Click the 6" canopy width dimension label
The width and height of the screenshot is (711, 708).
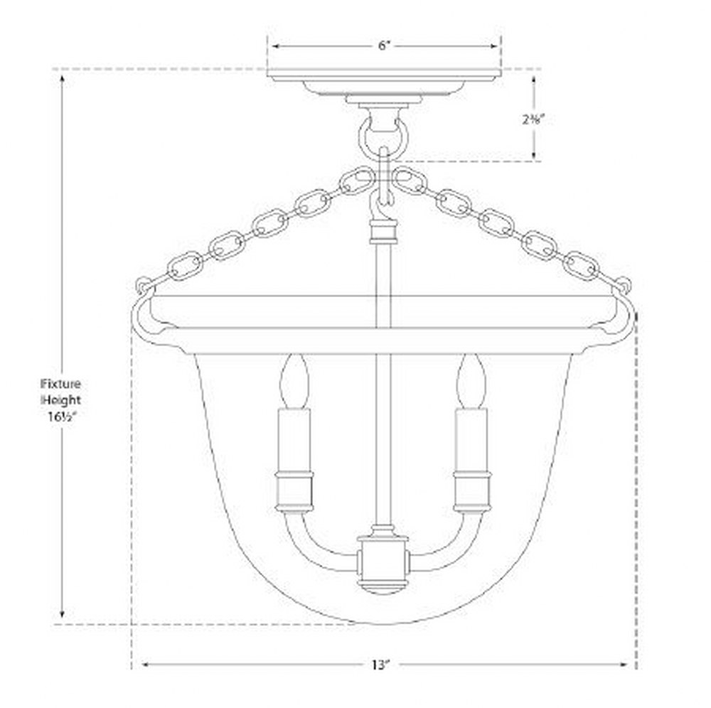pos(384,45)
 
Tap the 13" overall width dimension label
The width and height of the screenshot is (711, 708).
pos(381,665)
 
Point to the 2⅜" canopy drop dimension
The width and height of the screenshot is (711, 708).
pos(533,119)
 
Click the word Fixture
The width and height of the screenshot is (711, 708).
pos(60,384)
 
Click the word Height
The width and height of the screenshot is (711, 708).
pos(61,400)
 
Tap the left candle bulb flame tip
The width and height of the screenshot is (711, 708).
pos(294,356)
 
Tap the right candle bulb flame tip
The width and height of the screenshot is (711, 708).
pos(472,356)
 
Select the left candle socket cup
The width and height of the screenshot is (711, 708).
pos(294,491)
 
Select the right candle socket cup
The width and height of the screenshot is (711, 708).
pos(472,491)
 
